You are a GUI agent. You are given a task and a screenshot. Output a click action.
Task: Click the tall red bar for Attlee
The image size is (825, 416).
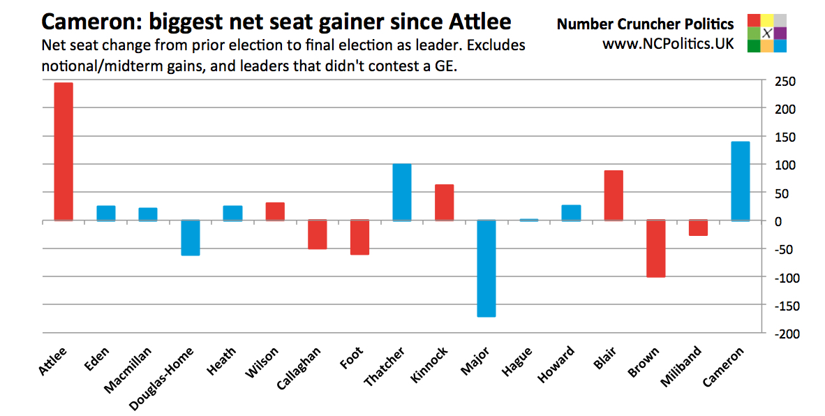point(64,151)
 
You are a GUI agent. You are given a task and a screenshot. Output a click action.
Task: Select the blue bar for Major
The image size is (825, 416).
point(486,269)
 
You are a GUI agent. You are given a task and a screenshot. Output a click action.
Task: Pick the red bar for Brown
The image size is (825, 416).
point(655,248)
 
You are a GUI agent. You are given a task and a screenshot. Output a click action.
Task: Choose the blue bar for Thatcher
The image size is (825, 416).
point(402,193)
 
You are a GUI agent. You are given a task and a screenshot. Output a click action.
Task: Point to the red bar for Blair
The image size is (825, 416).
point(614,195)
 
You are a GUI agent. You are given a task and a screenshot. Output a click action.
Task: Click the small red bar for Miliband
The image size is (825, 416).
point(698,228)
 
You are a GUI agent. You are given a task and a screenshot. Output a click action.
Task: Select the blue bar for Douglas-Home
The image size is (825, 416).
point(191,238)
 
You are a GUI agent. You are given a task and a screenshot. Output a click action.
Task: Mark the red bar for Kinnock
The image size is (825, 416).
point(445,202)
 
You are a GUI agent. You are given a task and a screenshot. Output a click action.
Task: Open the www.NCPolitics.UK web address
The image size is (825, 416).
point(668,44)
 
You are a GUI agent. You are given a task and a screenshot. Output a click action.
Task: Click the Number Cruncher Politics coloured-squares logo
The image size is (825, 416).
point(766,34)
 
